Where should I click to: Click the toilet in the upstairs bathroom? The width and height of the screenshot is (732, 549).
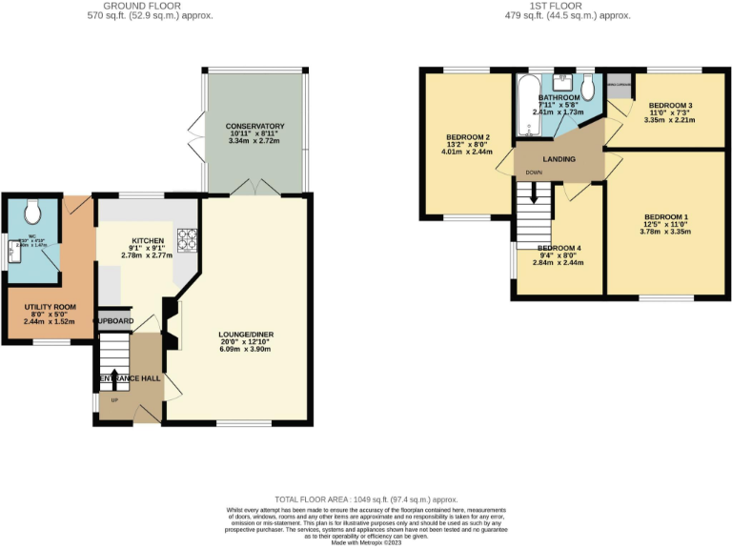[x=588, y=89]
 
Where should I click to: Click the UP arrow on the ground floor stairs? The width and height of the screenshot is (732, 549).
[x=114, y=376]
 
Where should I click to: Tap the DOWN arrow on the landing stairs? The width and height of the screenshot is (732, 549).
[x=534, y=190]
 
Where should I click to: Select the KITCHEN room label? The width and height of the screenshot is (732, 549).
[x=148, y=241]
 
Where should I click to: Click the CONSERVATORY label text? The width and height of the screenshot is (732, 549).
[x=255, y=126]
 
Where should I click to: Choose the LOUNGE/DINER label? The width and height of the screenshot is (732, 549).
[x=247, y=335]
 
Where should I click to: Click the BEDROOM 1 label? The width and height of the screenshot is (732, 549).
[x=664, y=216]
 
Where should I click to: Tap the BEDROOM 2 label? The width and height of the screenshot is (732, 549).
[x=467, y=136]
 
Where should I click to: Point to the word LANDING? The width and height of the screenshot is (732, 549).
[x=559, y=159]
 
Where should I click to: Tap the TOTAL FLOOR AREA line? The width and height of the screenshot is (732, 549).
[x=366, y=499]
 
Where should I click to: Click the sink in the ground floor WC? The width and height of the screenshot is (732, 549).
[x=14, y=250]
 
